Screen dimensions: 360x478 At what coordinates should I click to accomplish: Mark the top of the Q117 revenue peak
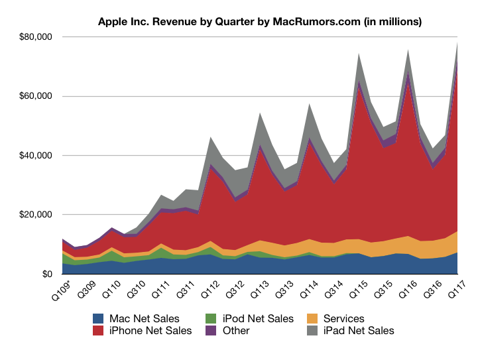[457, 42]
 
